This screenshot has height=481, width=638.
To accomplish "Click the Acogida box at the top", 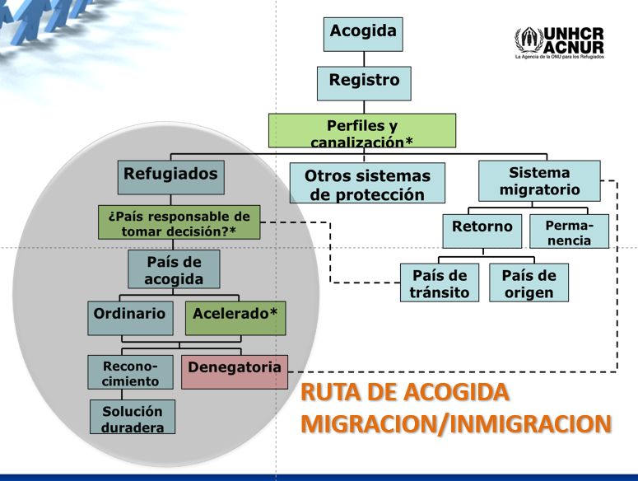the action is [x=363, y=35].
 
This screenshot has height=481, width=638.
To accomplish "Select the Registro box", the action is [x=364, y=83].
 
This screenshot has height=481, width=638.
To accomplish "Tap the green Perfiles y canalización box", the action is [x=362, y=131].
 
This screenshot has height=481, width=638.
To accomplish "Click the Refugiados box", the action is [x=171, y=177].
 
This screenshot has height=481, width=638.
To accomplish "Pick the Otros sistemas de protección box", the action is [x=367, y=183].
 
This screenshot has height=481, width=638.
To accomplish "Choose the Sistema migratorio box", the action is [x=539, y=181].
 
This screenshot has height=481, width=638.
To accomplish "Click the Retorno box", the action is [x=482, y=231].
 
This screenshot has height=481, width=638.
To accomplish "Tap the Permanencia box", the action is [x=569, y=231].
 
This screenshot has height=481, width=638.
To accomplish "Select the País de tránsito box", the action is [x=440, y=283].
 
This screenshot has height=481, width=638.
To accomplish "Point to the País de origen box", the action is [x=529, y=283].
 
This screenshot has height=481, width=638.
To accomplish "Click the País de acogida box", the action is [x=174, y=269].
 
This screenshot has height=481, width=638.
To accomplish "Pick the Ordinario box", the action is [x=130, y=318].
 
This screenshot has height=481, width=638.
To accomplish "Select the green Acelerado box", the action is [x=235, y=318].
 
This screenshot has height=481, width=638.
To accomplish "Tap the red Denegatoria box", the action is [x=235, y=372].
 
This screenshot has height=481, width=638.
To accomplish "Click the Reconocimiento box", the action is [x=130, y=372].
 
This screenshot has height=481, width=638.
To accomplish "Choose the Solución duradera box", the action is [x=133, y=417].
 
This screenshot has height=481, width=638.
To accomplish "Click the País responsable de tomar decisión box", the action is [x=179, y=222].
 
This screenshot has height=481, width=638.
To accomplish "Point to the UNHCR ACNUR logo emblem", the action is [x=529, y=40].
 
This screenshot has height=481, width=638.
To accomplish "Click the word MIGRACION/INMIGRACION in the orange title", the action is [x=456, y=424].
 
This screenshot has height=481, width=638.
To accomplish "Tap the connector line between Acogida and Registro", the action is [x=364, y=59].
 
